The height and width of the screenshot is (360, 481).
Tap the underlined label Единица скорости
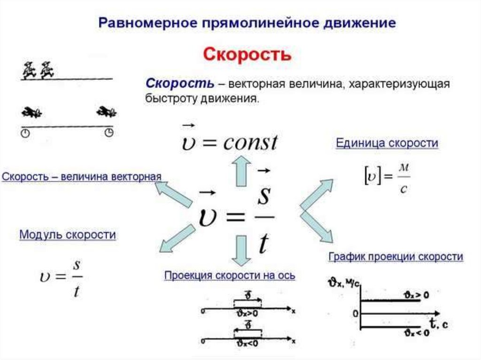pos(387,143)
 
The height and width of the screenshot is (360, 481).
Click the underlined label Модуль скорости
pos(68,235)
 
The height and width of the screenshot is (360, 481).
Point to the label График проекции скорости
pos(396,257)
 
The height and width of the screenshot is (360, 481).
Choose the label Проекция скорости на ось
pos(230,276)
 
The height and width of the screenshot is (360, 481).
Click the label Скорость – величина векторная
pos(81,177)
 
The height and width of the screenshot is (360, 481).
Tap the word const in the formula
pos(250,142)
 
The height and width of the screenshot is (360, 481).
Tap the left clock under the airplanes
pos(25,133)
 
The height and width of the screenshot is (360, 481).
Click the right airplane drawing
pos(107,112)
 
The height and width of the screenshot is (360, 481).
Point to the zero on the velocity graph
pos(355,313)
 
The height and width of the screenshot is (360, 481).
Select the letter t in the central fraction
pos(264,244)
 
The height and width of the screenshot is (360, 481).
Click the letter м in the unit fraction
pos(403,168)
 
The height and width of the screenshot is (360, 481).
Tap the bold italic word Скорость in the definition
pos(180,84)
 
